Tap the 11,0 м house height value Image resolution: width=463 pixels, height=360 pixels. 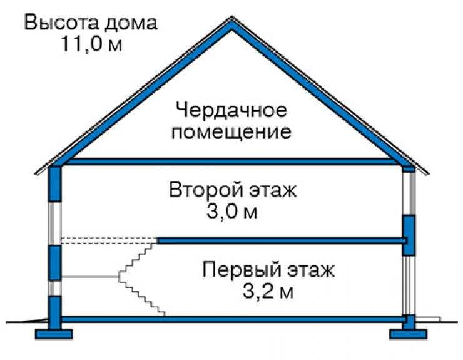tap(91, 44)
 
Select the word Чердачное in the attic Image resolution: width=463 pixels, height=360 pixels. tap(232, 110)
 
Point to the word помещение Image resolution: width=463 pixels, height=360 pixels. tap(232, 132)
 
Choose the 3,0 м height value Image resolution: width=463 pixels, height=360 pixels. tap(232, 212)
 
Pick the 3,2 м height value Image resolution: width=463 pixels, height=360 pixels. tap(268, 291)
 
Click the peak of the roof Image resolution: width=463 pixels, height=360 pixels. tap(232, 16)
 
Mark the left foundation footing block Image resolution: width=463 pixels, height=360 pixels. tap(54, 334)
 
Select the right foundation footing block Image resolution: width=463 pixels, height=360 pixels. tap(409, 334)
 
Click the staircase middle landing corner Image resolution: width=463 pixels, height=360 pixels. tap(119, 277)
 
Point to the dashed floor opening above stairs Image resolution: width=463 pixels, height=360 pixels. tap(109, 240)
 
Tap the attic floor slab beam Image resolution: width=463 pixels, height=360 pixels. tap(232, 162)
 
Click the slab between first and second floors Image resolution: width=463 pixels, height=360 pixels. tap(282, 240)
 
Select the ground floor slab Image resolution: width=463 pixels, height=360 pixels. tap(233, 319)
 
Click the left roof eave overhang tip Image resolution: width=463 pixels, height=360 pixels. tap(36, 173)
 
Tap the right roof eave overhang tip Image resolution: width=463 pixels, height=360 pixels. tap(428, 173)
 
